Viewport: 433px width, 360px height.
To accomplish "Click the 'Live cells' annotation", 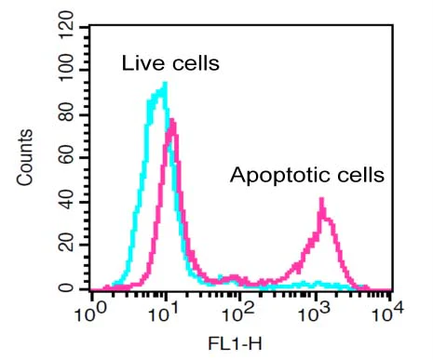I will coord(170,64).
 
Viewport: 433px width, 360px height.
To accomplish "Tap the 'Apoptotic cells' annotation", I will coord(307,174).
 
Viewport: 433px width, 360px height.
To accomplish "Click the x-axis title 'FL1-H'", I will coord(241,344).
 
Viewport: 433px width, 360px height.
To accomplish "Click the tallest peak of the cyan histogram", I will coord(164,84).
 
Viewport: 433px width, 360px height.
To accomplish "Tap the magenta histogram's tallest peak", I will coord(172,120).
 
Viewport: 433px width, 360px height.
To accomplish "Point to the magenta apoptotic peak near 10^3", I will coord(321,199).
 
